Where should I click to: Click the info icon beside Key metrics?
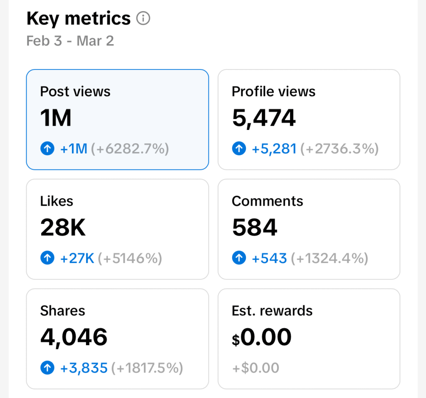(143, 19)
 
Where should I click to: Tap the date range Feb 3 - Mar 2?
(70, 41)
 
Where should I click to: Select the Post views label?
(75, 91)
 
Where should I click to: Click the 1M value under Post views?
(56, 118)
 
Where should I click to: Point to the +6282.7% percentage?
(130, 149)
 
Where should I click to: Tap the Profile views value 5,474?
(264, 118)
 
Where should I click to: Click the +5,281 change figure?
(274, 149)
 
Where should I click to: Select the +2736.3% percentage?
(339, 149)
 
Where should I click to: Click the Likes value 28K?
(63, 227)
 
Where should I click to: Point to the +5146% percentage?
(130, 259)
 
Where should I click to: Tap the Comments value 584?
(255, 227)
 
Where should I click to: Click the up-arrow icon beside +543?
(239, 259)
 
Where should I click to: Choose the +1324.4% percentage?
(329, 259)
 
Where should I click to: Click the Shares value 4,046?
(74, 337)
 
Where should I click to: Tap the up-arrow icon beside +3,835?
(47, 368)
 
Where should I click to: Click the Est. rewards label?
(272, 311)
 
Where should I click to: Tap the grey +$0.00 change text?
(255, 368)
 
